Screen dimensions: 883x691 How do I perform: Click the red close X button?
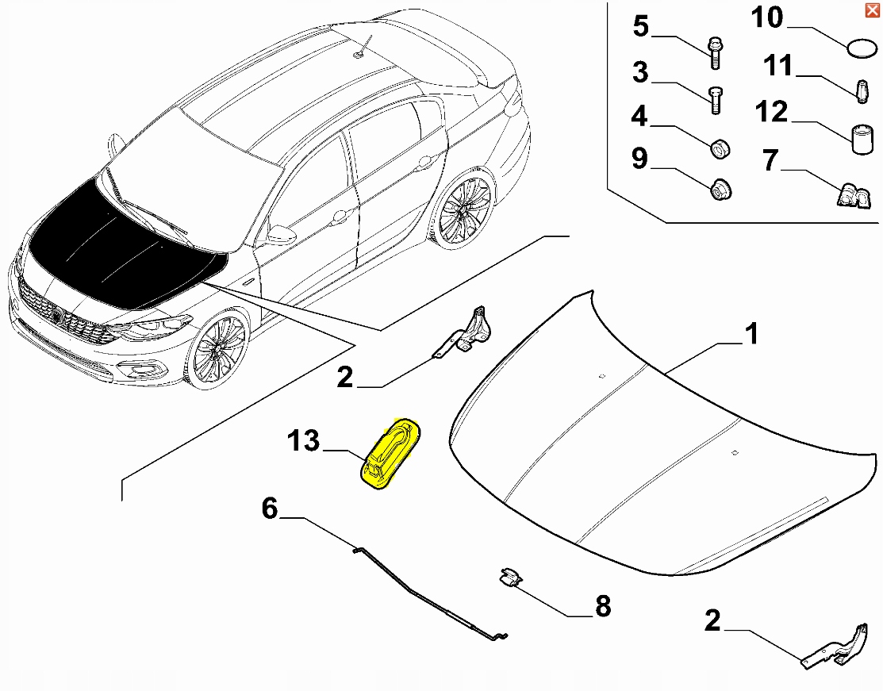click(x=873, y=10)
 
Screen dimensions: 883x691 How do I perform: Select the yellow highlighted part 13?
click(x=390, y=453)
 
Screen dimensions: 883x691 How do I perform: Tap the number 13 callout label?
click(x=303, y=441)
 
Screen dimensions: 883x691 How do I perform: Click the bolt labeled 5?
click(x=715, y=52)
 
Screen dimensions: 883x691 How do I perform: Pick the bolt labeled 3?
click(x=715, y=101)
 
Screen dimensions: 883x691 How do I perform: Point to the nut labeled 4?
click(x=720, y=148)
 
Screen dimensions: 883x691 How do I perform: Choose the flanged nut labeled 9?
click(x=720, y=190)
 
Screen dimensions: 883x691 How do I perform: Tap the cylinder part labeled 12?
click(x=862, y=139)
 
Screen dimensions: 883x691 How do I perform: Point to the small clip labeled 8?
click(x=509, y=578)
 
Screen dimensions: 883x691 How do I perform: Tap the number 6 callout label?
click(x=270, y=509)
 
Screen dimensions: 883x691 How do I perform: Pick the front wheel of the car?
click(x=218, y=349)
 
